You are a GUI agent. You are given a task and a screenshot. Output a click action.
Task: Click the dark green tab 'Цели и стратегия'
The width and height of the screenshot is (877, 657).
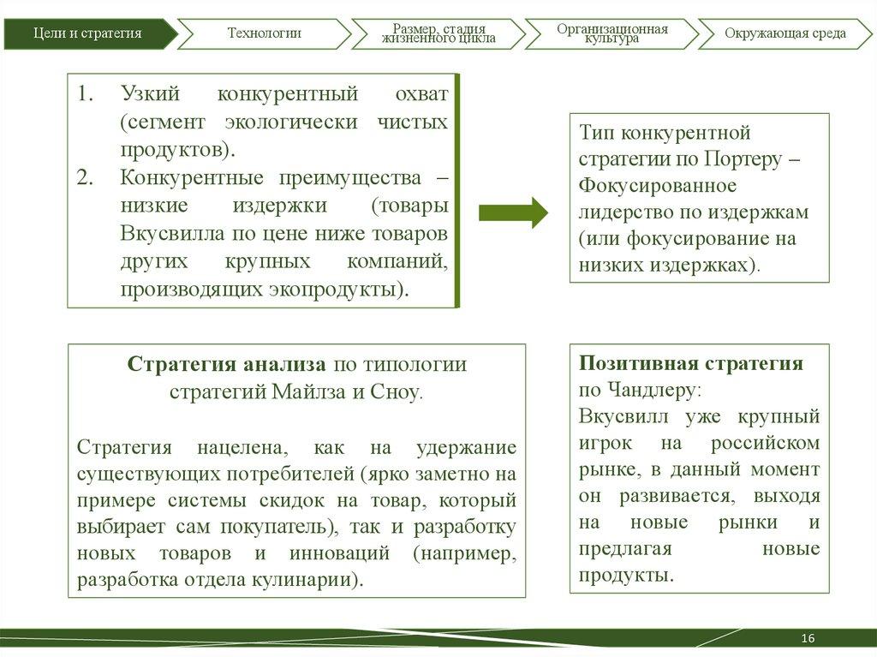87,33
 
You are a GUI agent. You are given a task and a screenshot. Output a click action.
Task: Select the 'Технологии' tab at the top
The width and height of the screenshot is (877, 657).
264,33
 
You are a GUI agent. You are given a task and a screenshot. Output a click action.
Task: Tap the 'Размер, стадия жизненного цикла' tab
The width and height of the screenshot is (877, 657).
438,33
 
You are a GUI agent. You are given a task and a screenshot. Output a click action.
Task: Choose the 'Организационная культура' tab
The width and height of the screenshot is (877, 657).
612,33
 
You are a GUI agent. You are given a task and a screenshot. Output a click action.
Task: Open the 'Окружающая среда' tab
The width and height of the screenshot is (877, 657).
785,33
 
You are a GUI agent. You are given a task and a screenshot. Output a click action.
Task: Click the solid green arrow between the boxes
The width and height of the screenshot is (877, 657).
513,212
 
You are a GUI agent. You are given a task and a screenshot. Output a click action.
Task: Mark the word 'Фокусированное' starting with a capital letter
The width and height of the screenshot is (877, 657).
657,185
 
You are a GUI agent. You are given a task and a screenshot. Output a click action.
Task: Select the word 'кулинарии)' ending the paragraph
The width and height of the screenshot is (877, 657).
312,580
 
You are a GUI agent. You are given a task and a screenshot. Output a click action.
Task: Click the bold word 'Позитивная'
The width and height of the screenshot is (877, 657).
632,362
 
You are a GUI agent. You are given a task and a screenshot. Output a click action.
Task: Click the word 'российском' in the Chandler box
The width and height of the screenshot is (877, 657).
765,443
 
